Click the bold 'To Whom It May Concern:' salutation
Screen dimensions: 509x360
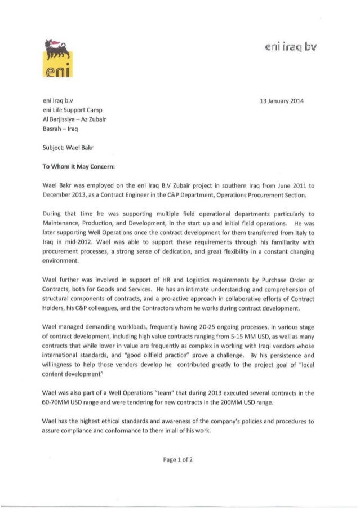click(81, 167)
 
